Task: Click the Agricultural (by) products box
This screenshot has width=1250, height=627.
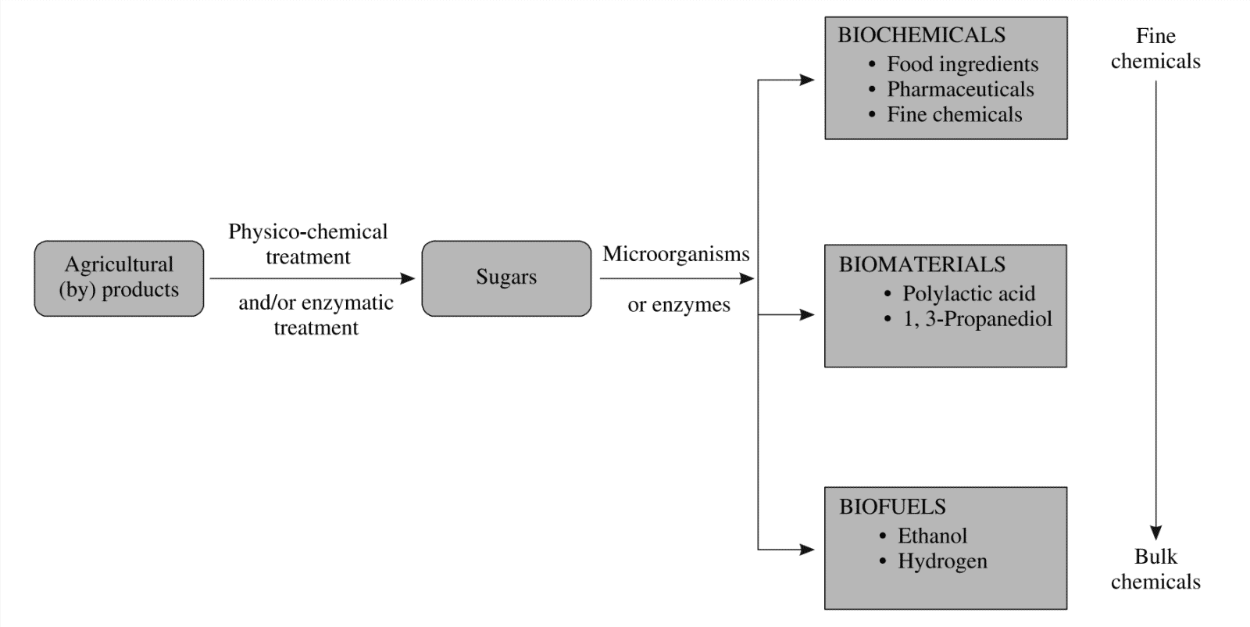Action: point(119,278)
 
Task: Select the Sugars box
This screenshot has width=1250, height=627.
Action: point(506,278)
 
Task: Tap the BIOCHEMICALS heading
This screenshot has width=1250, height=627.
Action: point(921,35)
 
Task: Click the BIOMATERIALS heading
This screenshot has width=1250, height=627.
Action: point(922,264)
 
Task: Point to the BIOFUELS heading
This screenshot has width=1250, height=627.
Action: point(892,507)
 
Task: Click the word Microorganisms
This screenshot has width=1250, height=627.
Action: point(676,254)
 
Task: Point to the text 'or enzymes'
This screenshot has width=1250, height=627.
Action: point(679,305)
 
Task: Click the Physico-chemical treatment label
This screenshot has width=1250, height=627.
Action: point(308,244)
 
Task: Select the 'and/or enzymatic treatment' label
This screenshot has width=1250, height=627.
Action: point(316,315)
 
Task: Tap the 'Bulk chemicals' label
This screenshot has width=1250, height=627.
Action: point(1155,569)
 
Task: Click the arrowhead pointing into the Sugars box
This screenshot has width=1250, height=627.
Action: point(408,278)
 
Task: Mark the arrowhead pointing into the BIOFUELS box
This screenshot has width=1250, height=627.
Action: point(807,550)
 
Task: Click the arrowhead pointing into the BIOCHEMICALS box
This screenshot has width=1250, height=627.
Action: point(807,80)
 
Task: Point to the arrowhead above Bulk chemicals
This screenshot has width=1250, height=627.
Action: point(1155,532)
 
